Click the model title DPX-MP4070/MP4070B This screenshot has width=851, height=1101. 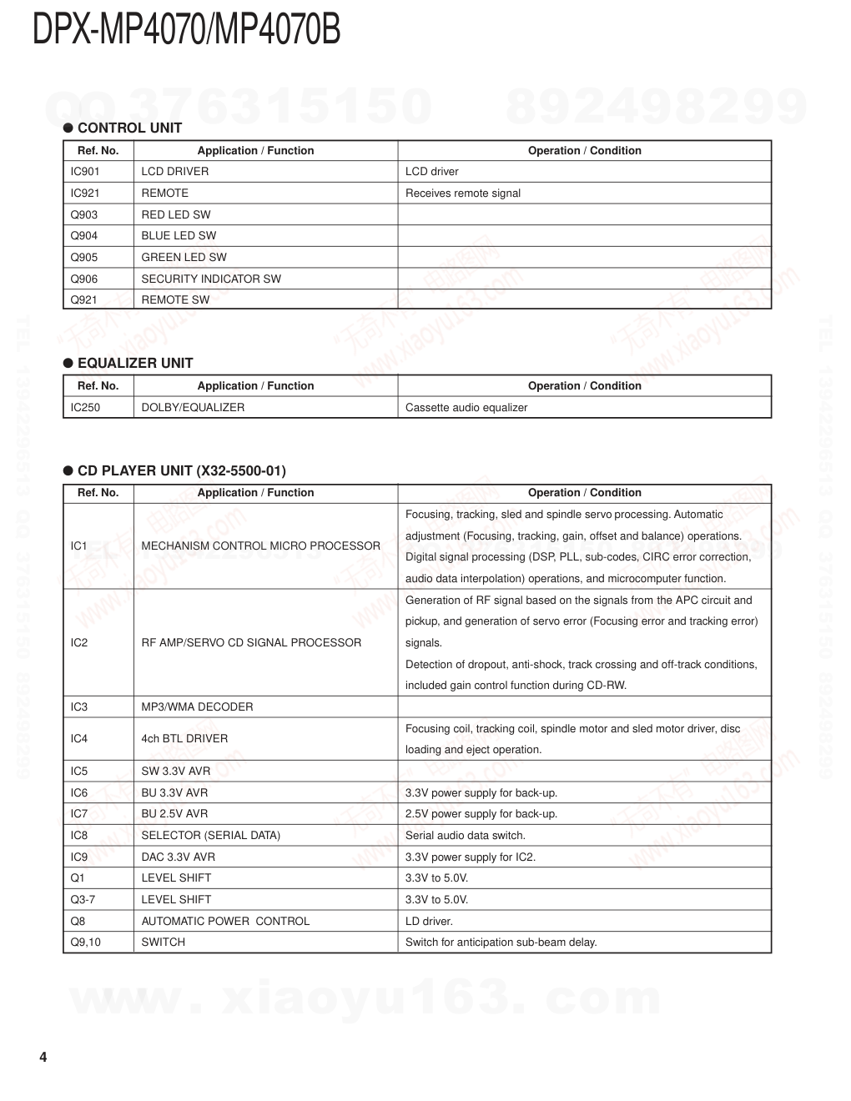coord(186,31)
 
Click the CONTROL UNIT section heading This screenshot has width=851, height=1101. coord(129,128)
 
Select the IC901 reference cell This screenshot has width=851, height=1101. coord(85,172)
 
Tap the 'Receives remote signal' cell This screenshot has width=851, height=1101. coord(463,194)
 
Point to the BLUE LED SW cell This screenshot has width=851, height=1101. coord(179,236)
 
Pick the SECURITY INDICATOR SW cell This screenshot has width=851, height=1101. coord(211,279)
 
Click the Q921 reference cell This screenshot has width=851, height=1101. coord(84,300)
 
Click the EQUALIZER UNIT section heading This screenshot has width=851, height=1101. coord(135,363)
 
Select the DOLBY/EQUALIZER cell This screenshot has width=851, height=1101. coord(193,408)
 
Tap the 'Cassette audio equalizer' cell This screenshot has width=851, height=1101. coord(466,408)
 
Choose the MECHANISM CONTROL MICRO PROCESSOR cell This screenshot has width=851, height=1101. coord(260,546)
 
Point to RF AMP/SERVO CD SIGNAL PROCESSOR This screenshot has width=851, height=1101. coord(251,643)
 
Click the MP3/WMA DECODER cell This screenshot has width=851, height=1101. coord(197,707)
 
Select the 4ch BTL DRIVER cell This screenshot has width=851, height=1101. coord(184,739)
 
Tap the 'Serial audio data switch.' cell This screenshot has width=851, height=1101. coord(466,836)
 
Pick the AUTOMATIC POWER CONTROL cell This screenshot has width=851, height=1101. coord(225,922)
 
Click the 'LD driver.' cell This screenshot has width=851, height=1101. coord(429,922)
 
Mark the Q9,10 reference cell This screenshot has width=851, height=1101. coord(86,943)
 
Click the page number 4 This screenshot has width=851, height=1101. coord(43,1058)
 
